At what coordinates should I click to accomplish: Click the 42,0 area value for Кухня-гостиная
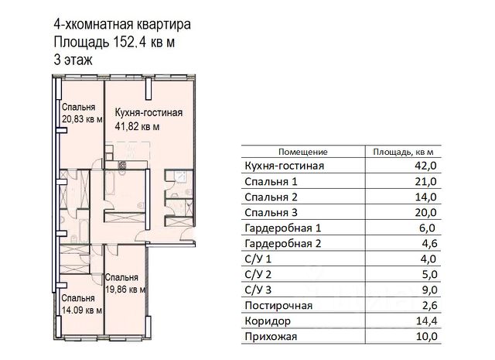click(x=425, y=166)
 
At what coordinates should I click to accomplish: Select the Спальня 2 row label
click(x=271, y=197)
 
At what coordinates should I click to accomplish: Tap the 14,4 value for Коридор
click(x=426, y=321)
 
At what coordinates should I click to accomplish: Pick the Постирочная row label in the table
click(x=278, y=306)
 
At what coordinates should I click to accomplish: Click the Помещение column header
click(x=302, y=152)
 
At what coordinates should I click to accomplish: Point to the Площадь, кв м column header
click(x=403, y=152)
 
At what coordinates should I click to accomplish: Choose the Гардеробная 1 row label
click(x=283, y=228)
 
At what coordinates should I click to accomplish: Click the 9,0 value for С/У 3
click(x=430, y=290)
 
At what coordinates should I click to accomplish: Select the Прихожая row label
click(x=271, y=337)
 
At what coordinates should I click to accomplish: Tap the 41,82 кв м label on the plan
click(x=137, y=126)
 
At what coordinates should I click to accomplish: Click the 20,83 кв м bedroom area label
click(x=82, y=119)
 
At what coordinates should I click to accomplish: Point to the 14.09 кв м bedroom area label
click(x=82, y=310)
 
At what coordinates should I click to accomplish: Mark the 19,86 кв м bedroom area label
click(x=125, y=290)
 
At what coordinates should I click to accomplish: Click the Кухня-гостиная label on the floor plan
click(x=148, y=112)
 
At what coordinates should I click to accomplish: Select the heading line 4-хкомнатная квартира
click(x=122, y=24)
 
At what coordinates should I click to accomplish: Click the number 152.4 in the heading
click(x=128, y=42)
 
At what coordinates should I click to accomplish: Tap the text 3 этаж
click(x=73, y=60)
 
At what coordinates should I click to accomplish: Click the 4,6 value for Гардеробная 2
click(x=429, y=244)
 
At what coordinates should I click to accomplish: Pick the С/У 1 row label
click(x=258, y=259)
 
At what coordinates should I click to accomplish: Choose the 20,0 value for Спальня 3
click(x=426, y=212)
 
